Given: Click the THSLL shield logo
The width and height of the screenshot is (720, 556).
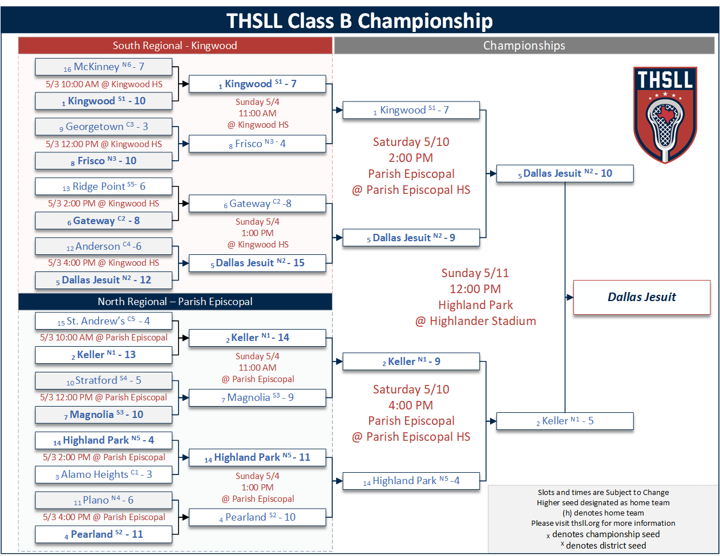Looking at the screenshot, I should (665, 115).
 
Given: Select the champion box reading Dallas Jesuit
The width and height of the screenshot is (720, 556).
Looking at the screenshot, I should (641, 297).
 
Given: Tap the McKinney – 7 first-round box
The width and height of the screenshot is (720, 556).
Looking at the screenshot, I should (103, 67).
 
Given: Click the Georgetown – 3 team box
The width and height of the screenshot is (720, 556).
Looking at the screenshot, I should (103, 127).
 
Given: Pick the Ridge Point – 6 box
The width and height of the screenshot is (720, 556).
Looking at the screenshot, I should (103, 186).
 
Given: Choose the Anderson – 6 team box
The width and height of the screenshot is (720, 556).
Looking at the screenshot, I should (103, 246).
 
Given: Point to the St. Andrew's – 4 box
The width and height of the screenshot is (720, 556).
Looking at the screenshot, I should (103, 321).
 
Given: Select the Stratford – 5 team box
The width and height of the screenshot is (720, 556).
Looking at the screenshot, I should (103, 380).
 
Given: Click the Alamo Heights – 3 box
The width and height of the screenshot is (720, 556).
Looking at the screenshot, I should (103, 474).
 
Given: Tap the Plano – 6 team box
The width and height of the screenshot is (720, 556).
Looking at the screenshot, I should (103, 500).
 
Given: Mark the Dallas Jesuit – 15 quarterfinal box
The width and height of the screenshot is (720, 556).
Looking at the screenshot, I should (257, 263).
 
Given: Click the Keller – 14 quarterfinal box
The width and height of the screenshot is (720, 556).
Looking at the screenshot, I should (257, 338).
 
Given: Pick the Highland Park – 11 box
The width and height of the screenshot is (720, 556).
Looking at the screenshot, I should (257, 457).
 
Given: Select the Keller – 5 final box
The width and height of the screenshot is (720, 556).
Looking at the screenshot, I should (565, 421).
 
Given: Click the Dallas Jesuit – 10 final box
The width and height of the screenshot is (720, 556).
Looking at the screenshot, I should (565, 173).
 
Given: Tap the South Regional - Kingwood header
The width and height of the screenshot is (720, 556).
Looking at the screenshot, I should (175, 46).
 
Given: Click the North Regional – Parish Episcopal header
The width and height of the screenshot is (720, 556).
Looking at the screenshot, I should (175, 302).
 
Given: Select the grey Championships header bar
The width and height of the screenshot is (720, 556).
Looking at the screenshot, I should (524, 46).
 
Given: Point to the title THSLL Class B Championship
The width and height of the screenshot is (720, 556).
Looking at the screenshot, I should (359, 21).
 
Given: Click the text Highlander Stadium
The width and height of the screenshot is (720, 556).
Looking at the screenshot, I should (483, 321).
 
